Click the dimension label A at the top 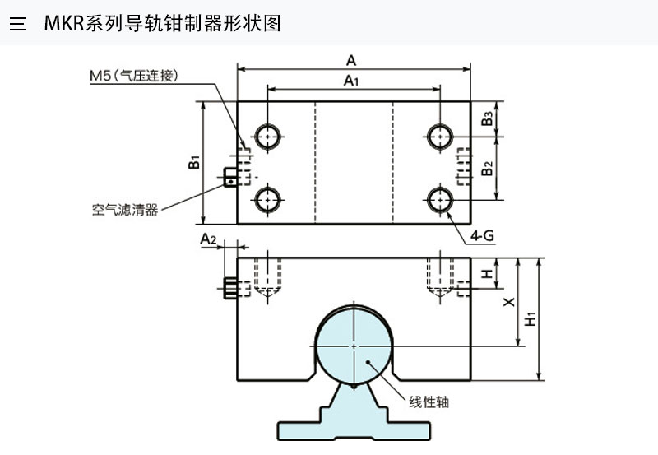(x=351, y=59)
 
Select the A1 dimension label (x=351, y=80)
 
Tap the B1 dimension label (x=194, y=162)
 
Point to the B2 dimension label (x=488, y=169)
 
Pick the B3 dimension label (x=488, y=118)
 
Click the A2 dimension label (x=208, y=239)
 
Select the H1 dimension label (x=531, y=318)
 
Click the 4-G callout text (x=482, y=236)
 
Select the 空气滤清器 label (x=124, y=209)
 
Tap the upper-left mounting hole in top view (x=267, y=136)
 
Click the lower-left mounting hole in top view (x=267, y=198)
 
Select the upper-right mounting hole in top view (x=440, y=136)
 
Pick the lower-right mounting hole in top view (x=440, y=198)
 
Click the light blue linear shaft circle (x=354, y=346)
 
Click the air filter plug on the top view (x=231, y=176)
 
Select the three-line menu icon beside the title (x=18, y=23)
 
